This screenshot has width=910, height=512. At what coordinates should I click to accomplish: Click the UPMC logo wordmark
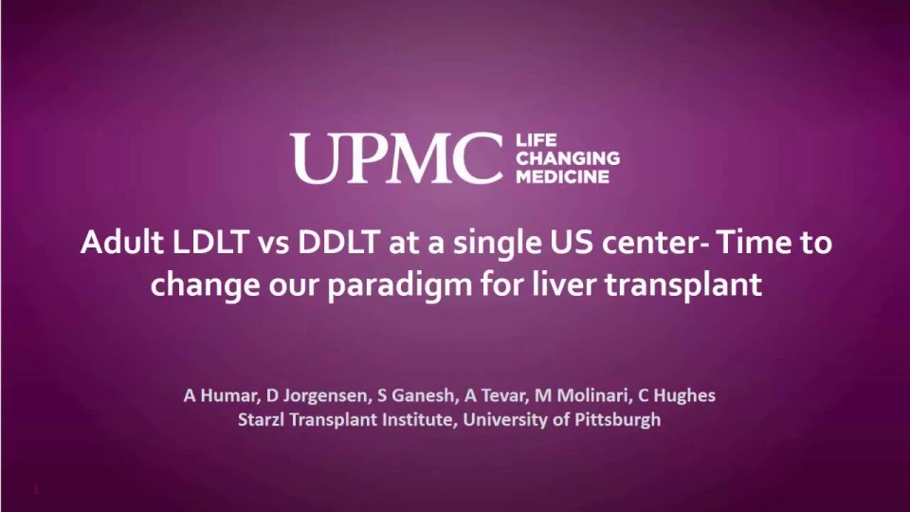coord(396,158)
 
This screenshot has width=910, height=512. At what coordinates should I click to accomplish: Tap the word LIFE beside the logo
coord(537,140)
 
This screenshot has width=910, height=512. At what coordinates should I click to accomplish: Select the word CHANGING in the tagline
coord(568,158)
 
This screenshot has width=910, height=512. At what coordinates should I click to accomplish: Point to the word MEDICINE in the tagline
coord(562,176)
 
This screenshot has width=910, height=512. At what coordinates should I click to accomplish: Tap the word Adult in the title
coord(122,242)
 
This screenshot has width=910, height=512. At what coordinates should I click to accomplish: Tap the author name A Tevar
coord(496,396)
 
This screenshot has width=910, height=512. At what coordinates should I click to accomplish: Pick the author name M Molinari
coord(583,396)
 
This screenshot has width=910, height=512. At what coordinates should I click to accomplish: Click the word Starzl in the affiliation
coord(262,420)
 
